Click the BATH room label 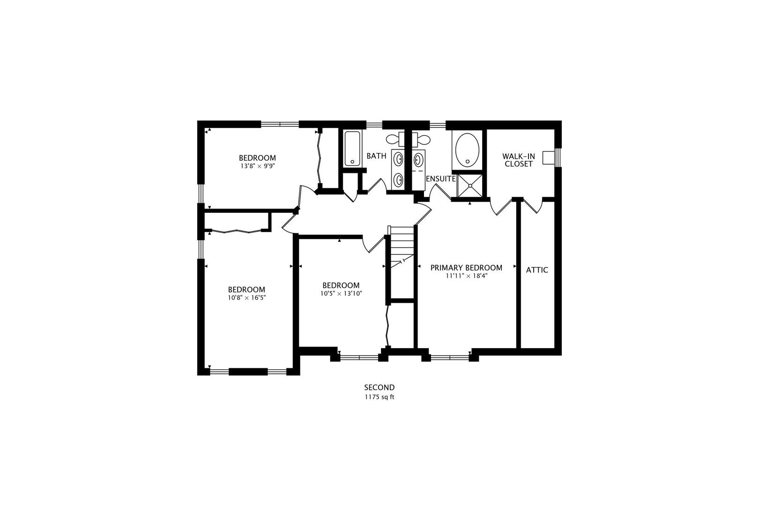coord(376,156)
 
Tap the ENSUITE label coord(440,179)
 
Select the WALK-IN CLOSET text coord(518,160)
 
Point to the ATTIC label coord(537,270)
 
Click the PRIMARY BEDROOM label coord(466,268)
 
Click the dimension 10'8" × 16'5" coord(246,297)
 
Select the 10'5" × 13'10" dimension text coord(341,293)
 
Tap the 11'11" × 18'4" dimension coord(466,276)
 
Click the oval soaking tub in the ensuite coord(467,150)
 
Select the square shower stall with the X coord(469,186)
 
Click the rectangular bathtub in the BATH coord(352,148)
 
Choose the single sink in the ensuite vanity coord(418,159)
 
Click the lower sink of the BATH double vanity coord(398,179)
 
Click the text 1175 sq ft coord(379,397)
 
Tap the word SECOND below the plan coord(379,387)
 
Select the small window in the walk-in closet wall coord(558,157)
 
